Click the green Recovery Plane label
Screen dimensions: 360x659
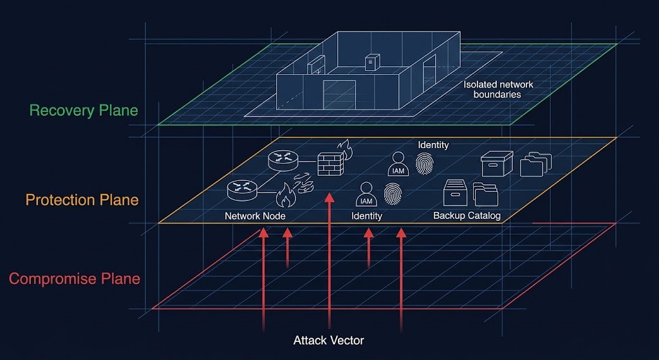(84, 110)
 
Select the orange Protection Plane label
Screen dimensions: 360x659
(82, 200)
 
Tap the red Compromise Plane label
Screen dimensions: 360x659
(74, 279)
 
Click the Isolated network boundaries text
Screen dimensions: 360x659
(498, 90)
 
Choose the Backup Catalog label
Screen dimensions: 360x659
(467, 216)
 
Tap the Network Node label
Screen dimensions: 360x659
(255, 216)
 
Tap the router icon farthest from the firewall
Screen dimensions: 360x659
(242, 188)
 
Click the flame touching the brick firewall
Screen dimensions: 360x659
(346, 151)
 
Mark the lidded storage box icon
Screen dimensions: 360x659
(497, 164)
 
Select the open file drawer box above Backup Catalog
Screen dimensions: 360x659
(454, 192)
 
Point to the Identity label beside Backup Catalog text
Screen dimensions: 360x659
(366, 216)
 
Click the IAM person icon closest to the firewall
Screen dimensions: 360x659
(366, 194)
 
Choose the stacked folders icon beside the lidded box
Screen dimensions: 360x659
(534, 164)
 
